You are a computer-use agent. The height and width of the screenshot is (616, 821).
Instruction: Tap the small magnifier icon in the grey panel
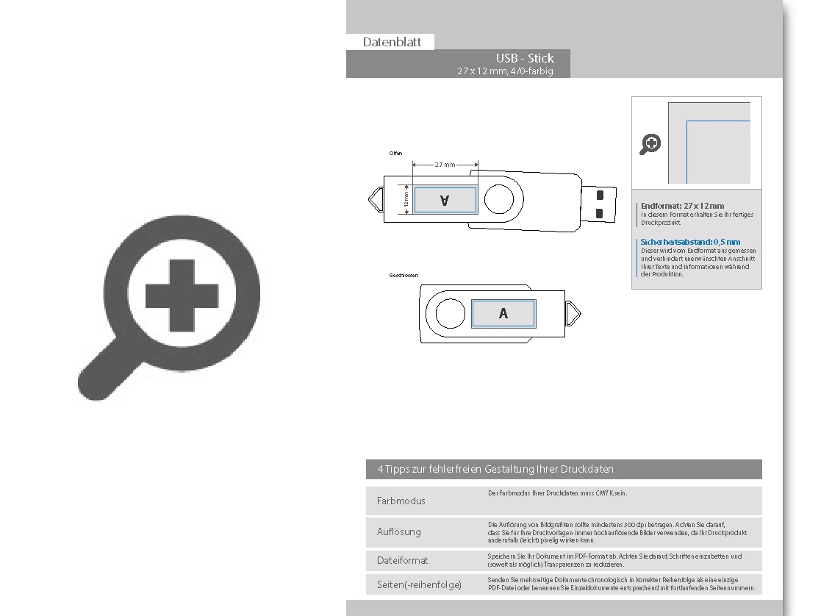click(650, 144)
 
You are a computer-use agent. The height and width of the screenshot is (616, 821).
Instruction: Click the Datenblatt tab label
click(392, 42)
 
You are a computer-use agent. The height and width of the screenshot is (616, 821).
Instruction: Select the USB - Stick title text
click(525, 58)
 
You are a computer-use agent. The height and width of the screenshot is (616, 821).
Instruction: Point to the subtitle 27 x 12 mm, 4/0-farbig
click(504, 71)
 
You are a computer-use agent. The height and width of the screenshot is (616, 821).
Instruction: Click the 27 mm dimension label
click(445, 165)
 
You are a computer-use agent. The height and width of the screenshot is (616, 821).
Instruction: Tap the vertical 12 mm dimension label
click(405, 199)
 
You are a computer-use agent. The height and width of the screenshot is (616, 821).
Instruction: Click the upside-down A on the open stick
click(444, 200)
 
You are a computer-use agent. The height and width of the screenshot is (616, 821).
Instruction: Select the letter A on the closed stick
click(503, 314)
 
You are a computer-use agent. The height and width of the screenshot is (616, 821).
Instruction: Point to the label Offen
click(395, 154)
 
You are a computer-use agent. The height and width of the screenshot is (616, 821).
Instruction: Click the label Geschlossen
click(404, 275)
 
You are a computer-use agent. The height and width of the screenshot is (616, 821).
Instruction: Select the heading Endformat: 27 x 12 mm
click(682, 206)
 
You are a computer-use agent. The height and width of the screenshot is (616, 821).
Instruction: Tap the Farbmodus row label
click(401, 501)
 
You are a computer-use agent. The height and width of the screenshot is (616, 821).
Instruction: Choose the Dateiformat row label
click(402, 560)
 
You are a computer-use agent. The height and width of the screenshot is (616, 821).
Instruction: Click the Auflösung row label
click(398, 531)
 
